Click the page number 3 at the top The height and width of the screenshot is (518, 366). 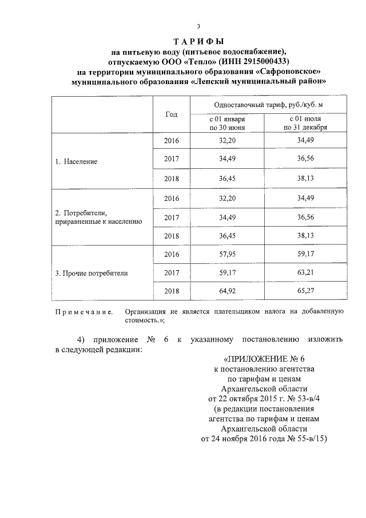[198, 26]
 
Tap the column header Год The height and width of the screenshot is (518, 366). [172, 114]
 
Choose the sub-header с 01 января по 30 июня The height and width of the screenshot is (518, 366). [226, 123]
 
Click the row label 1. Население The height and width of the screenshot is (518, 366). [76, 161]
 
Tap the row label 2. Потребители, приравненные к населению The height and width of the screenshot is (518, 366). [96, 216]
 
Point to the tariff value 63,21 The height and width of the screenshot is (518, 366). [301, 272]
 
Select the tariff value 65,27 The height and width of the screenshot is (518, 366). [301, 291]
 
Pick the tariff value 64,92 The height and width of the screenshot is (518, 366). [228, 291]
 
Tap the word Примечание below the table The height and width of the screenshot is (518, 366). [83, 312]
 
